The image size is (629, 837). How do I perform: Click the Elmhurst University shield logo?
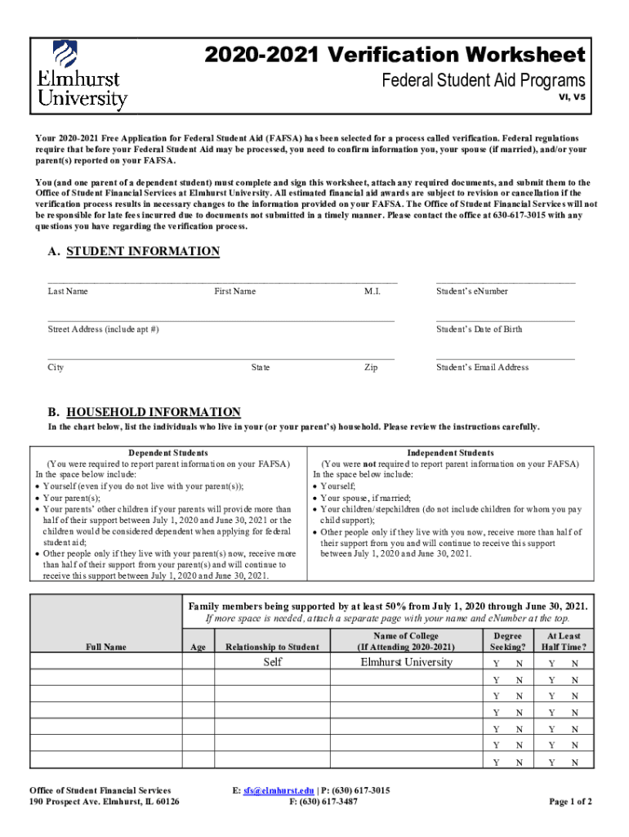pos(65,55)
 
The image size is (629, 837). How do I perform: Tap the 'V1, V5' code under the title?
pos(572,96)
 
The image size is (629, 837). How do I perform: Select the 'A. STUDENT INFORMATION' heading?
pos(133,252)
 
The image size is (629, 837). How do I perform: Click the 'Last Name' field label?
pos(68,291)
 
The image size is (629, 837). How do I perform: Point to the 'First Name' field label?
pos(235,291)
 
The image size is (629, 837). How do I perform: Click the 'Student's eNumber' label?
pos(472,291)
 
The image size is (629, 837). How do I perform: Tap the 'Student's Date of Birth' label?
pos(479,329)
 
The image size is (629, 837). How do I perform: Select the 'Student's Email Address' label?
pos(482,367)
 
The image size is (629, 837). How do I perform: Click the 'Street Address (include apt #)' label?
pos(103,329)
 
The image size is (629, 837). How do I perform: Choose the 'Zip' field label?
pos(371,368)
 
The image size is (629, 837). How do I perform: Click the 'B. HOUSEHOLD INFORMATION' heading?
pos(144,412)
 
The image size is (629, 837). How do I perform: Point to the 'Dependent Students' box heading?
pos(168,453)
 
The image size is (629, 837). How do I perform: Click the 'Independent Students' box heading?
pos(450,453)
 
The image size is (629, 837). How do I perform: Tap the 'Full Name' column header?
pos(106,647)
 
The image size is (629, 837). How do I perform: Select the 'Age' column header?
pos(198,647)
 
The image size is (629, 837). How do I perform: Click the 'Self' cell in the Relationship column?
pos(272,662)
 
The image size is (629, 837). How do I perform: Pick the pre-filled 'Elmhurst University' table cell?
pos(406,662)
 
